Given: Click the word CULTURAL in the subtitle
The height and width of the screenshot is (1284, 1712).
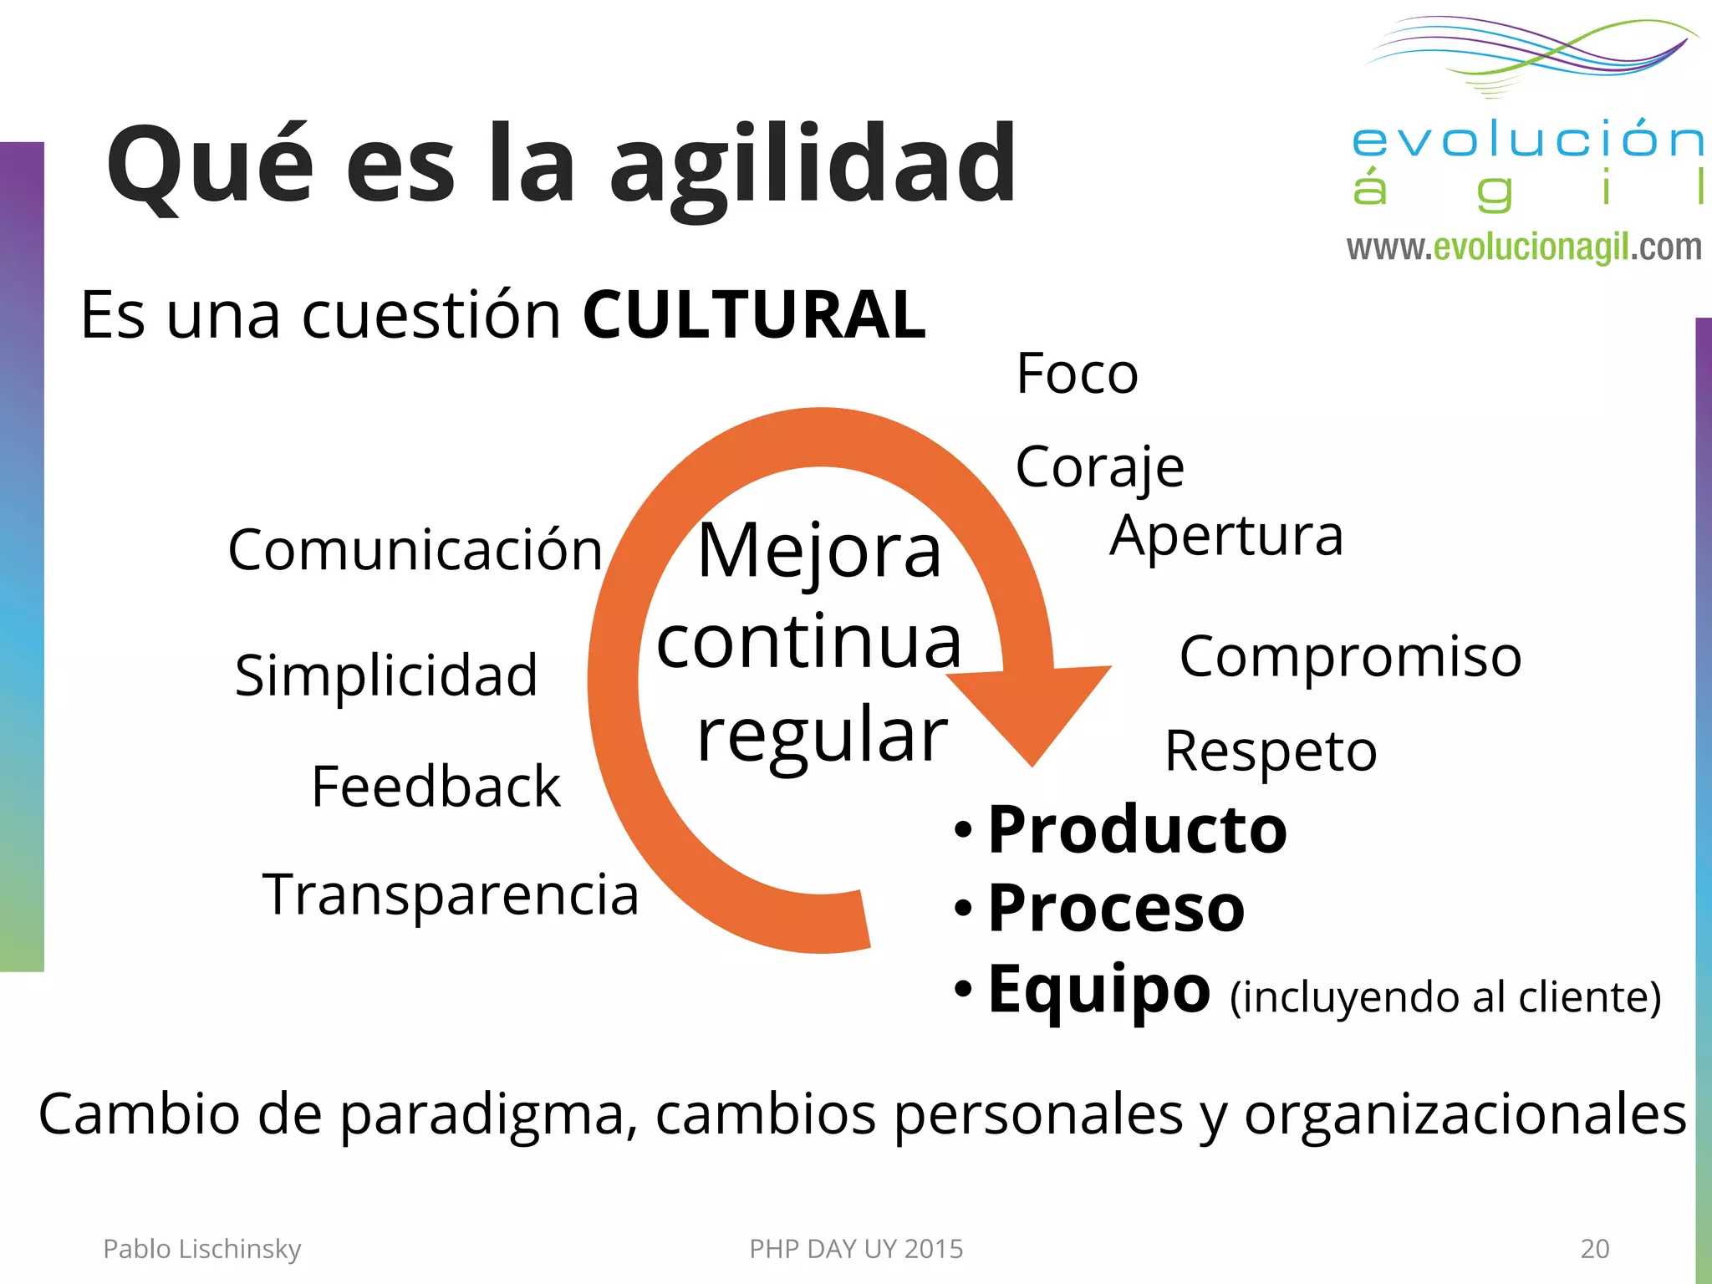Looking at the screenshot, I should coord(754,315).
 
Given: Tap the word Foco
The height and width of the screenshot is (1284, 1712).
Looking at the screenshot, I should coord(1077,374).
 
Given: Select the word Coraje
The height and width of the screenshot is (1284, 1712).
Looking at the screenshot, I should coord(1099,466).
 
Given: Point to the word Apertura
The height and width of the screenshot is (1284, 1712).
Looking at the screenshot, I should coord(1226,536).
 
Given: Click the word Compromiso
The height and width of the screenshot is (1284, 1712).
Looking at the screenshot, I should coord(1350,656).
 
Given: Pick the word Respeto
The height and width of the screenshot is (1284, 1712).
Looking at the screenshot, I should coord(1271,752).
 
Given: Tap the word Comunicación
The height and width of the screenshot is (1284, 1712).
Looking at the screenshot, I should coord(415,550).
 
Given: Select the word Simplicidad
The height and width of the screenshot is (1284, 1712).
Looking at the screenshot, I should coord(386,675).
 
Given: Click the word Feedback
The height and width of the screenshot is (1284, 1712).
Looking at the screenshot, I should coord(436,787).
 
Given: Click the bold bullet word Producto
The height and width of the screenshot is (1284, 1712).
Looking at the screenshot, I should coord(1137,830).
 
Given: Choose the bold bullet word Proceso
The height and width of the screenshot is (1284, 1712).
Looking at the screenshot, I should coord(1116,908).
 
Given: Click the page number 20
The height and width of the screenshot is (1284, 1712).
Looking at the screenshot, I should coord(1594,1249).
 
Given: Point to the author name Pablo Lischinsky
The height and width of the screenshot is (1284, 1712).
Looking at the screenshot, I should coord(201,1249).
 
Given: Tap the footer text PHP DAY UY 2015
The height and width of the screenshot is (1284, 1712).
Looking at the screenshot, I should coord(856,1249).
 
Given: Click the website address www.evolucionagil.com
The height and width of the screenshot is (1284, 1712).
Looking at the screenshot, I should coord(1523,247).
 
